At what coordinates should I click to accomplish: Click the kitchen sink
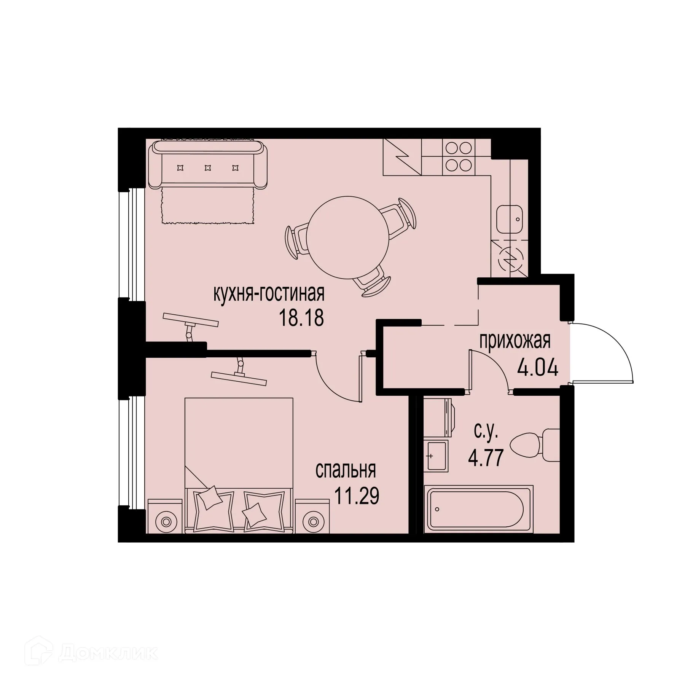pyautogui.click(x=510, y=219)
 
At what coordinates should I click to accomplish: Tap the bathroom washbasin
pyautogui.click(x=437, y=456)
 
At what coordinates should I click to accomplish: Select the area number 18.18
pyautogui.click(x=301, y=318)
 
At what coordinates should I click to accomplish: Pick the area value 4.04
pyautogui.click(x=537, y=368)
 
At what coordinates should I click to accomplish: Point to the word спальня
pyautogui.click(x=346, y=471)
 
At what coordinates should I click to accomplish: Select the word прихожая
pyautogui.click(x=515, y=341)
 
